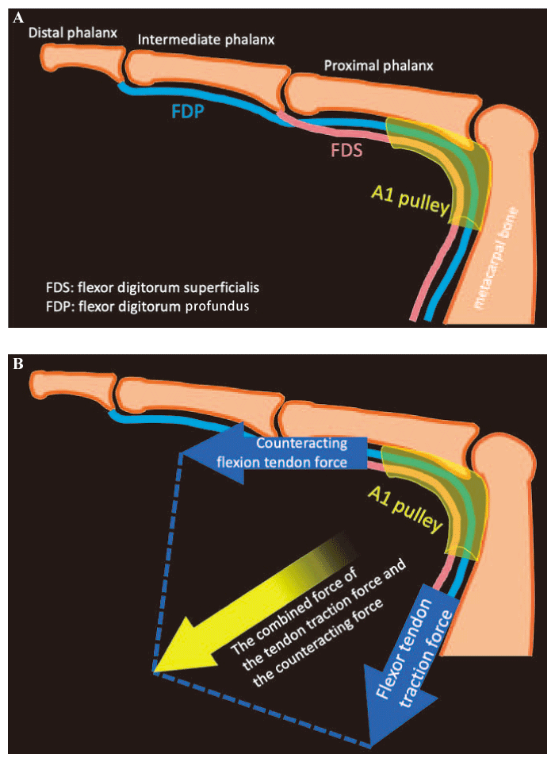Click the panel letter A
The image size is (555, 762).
click(x=18, y=16)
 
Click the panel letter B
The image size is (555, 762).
click(x=18, y=364)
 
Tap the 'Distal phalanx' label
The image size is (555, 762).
click(x=72, y=33)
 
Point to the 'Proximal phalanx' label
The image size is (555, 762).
click(x=379, y=67)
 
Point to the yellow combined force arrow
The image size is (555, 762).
click(x=262, y=603)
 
